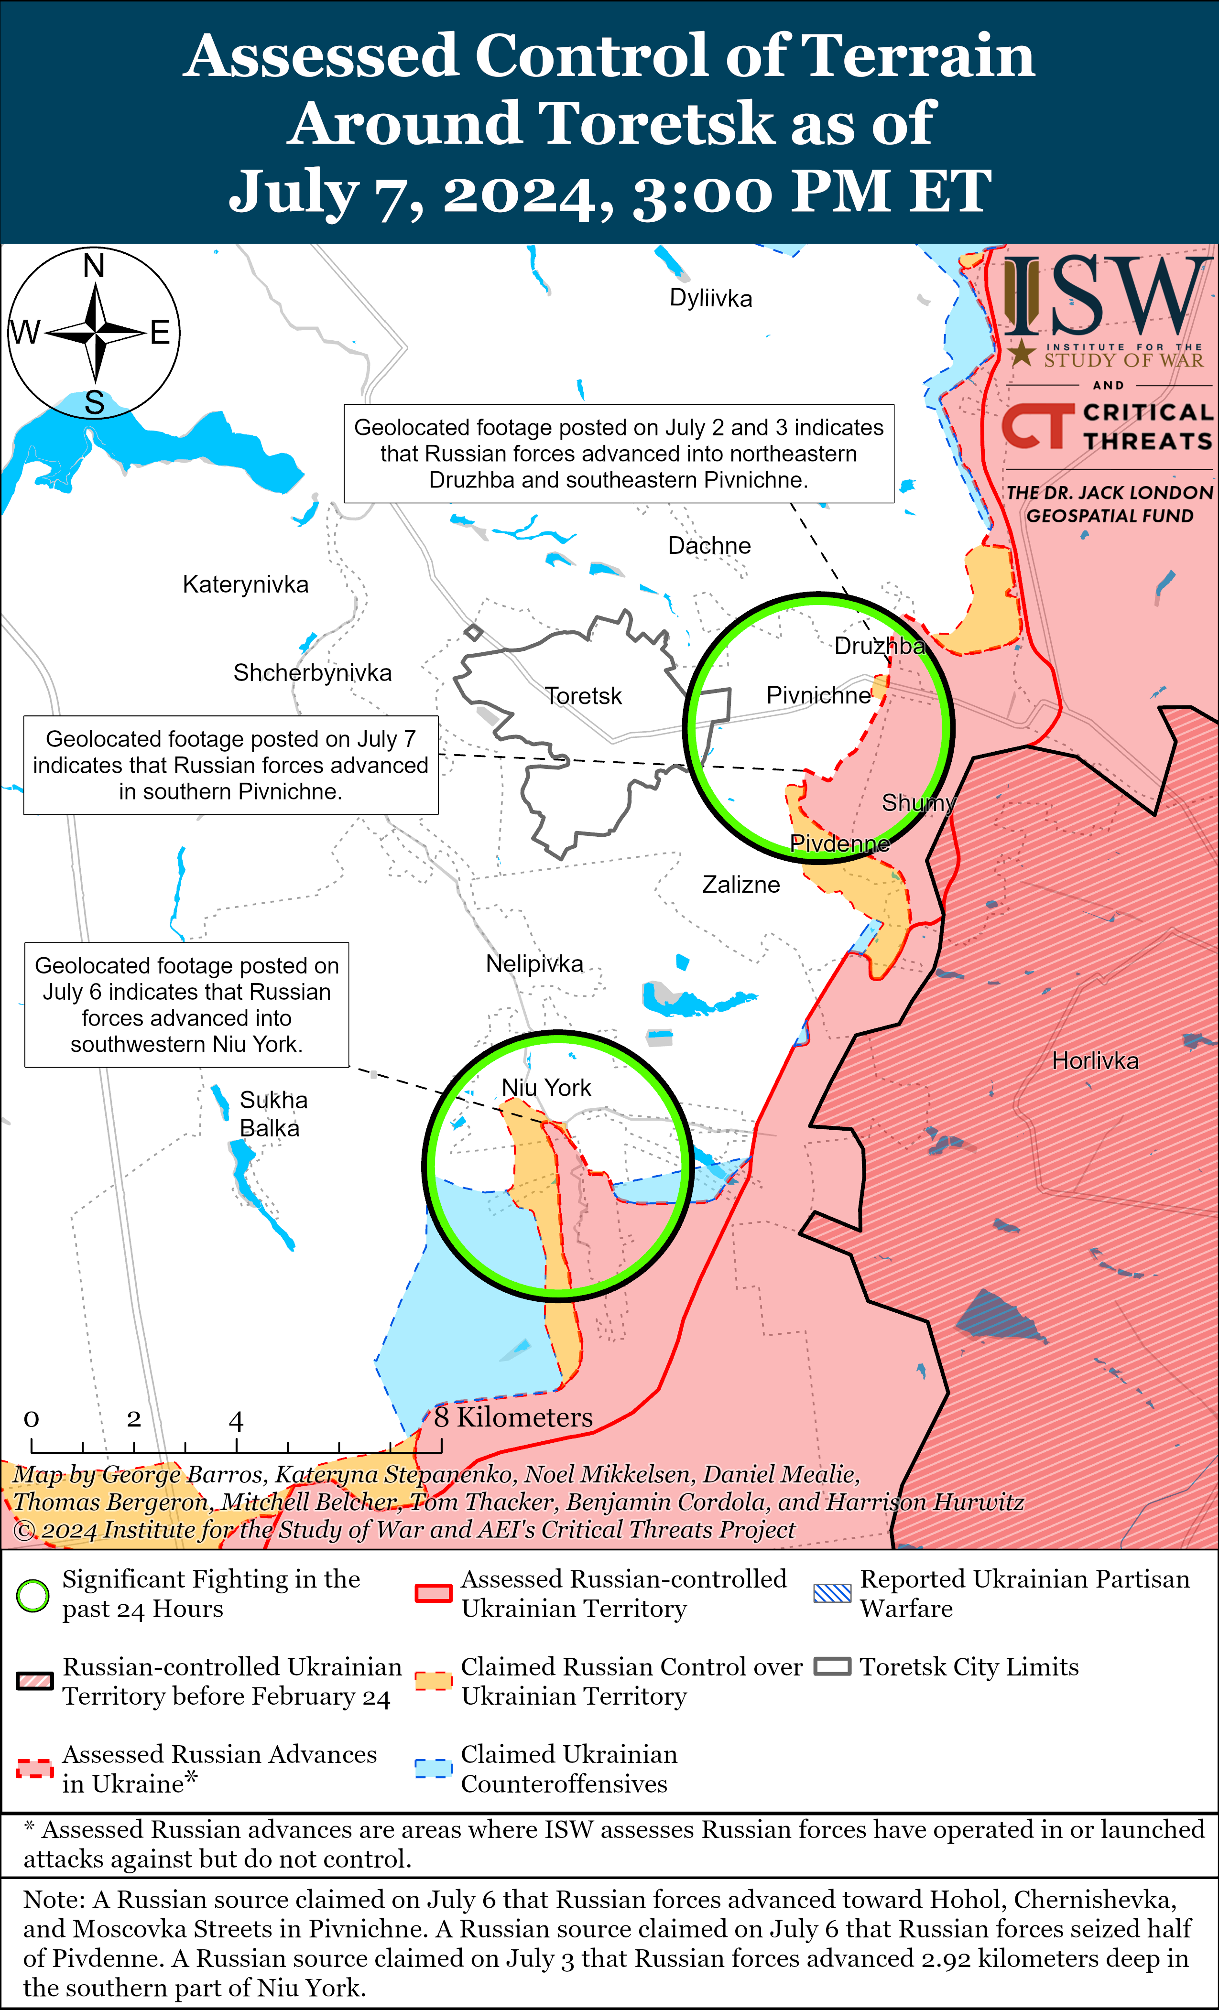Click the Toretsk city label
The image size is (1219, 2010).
click(x=583, y=696)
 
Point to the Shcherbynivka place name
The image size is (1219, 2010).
click(x=313, y=672)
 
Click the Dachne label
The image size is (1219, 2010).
click(x=709, y=546)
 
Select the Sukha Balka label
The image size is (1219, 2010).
click(x=272, y=1114)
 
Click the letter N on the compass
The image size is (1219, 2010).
click(x=95, y=266)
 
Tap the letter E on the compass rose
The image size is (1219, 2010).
click(x=160, y=333)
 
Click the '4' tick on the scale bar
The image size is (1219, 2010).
click(x=236, y=1421)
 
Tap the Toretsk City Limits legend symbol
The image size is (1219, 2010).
click(x=832, y=1666)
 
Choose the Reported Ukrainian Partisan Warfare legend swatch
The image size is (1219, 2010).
click(x=832, y=1593)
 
